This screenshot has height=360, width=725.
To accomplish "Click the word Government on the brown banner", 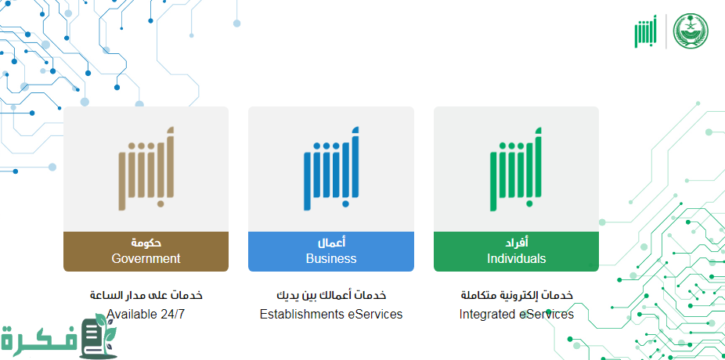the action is click(146, 258).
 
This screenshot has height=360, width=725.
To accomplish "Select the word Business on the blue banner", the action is click(331, 258).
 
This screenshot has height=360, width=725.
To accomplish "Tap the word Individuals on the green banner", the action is click(517, 258).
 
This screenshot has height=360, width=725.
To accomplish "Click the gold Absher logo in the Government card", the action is click(146, 169).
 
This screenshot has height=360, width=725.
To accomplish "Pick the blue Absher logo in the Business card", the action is click(331, 169).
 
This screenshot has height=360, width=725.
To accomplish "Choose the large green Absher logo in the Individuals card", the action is click(517, 169).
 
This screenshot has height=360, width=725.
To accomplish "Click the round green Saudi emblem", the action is click(691, 31).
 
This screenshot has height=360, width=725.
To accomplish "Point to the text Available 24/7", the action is click(146, 315).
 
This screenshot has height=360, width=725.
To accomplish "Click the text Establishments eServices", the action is click(331, 315).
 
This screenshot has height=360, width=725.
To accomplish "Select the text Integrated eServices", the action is click(517, 315).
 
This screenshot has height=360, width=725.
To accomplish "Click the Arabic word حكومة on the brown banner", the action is click(146, 243).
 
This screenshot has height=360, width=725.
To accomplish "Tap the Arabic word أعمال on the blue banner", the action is click(331, 243).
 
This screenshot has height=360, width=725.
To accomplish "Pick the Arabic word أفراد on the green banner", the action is click(517, 243).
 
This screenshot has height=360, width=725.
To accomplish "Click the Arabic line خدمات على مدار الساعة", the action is click(146, 295).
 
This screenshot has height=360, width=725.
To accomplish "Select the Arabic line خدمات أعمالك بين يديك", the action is click(331, 295).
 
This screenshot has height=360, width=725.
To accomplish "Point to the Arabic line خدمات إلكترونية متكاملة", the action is click(517, 295).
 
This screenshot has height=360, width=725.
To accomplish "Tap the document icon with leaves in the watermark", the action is click(99, 337).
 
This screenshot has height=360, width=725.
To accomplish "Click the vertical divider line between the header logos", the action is click(665, 31).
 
